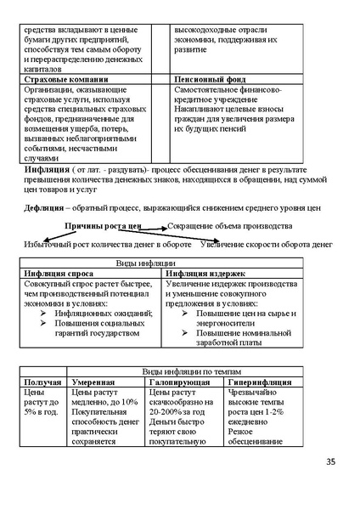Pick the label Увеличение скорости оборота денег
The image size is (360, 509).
266,245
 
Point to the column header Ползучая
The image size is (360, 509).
43,382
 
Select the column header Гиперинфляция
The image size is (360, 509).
261,382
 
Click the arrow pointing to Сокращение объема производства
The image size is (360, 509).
155,228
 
